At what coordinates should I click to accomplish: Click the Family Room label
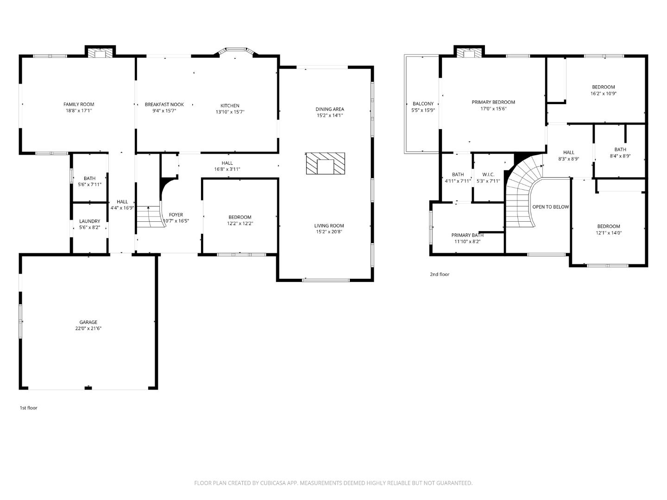tap(79, 104)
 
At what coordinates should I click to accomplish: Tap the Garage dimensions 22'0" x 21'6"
tap(88, 329)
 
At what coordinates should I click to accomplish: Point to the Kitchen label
tap(230, 106)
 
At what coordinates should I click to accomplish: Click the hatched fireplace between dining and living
tap(326, 163)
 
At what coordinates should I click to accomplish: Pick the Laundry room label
tap(89, 221)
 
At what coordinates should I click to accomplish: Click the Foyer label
tap(176, 215)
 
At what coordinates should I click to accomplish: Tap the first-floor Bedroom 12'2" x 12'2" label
tap(240, 217)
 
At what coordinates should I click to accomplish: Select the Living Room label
tap(330, 226)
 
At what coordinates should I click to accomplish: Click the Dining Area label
tap(330, 109)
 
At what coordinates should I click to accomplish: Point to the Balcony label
tap(423, 104)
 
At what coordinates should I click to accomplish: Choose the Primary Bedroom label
tap(493, 102)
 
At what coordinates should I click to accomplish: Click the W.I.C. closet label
tap(488, 175)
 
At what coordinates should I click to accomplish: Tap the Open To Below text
tap(550, 207)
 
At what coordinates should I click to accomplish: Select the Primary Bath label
tap(467, 235)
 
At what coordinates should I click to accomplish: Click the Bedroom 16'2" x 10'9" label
tap(603, 87)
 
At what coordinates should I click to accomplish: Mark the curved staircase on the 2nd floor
tap(521, 194)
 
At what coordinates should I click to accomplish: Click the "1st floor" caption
tap(28, 408)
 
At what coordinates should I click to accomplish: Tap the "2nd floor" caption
tap(440, 275)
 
